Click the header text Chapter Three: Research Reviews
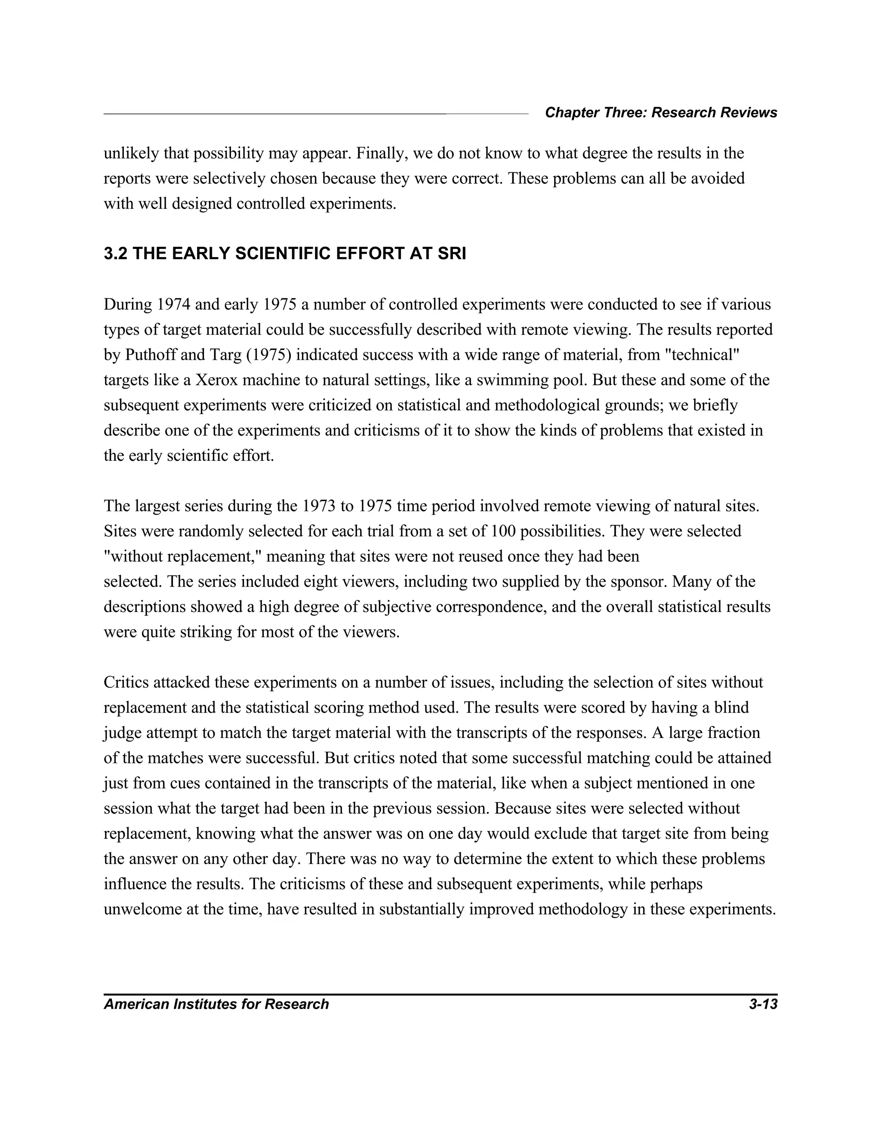point(661,113)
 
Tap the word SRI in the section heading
point(452,254)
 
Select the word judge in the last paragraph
point(119,733)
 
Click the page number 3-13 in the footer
point(763,1004)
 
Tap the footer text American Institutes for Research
point(216,1004)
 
